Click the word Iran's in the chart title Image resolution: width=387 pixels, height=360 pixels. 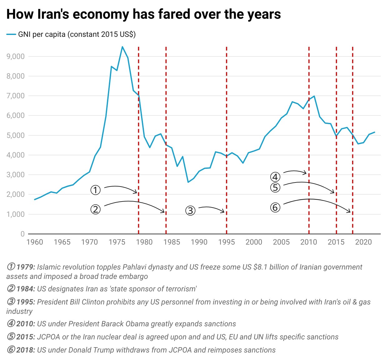[53, 14]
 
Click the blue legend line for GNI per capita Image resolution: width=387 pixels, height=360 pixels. [11, 35]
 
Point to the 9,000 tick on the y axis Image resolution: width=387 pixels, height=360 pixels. [16, 56]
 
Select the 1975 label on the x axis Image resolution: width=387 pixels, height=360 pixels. [117, 242]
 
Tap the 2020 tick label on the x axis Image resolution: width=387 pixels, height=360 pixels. [364, 242]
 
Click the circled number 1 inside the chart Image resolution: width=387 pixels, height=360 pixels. [96, 190]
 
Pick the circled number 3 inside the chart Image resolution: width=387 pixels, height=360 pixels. [190, 211]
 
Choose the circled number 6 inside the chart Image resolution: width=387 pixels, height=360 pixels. [275, 207]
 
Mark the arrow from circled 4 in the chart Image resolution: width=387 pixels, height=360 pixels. [295, 171]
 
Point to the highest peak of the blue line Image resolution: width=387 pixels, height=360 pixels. [122, 47]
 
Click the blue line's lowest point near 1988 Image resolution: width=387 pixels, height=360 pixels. [188, 182]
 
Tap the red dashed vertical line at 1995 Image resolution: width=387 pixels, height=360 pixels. [227, 140]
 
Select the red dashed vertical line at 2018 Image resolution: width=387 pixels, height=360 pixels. [353, 140]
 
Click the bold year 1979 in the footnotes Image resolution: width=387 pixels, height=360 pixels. [26, 267]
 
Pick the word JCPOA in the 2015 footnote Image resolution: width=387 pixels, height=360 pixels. [48, 337]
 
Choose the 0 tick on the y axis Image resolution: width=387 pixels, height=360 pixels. [23, 234]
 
